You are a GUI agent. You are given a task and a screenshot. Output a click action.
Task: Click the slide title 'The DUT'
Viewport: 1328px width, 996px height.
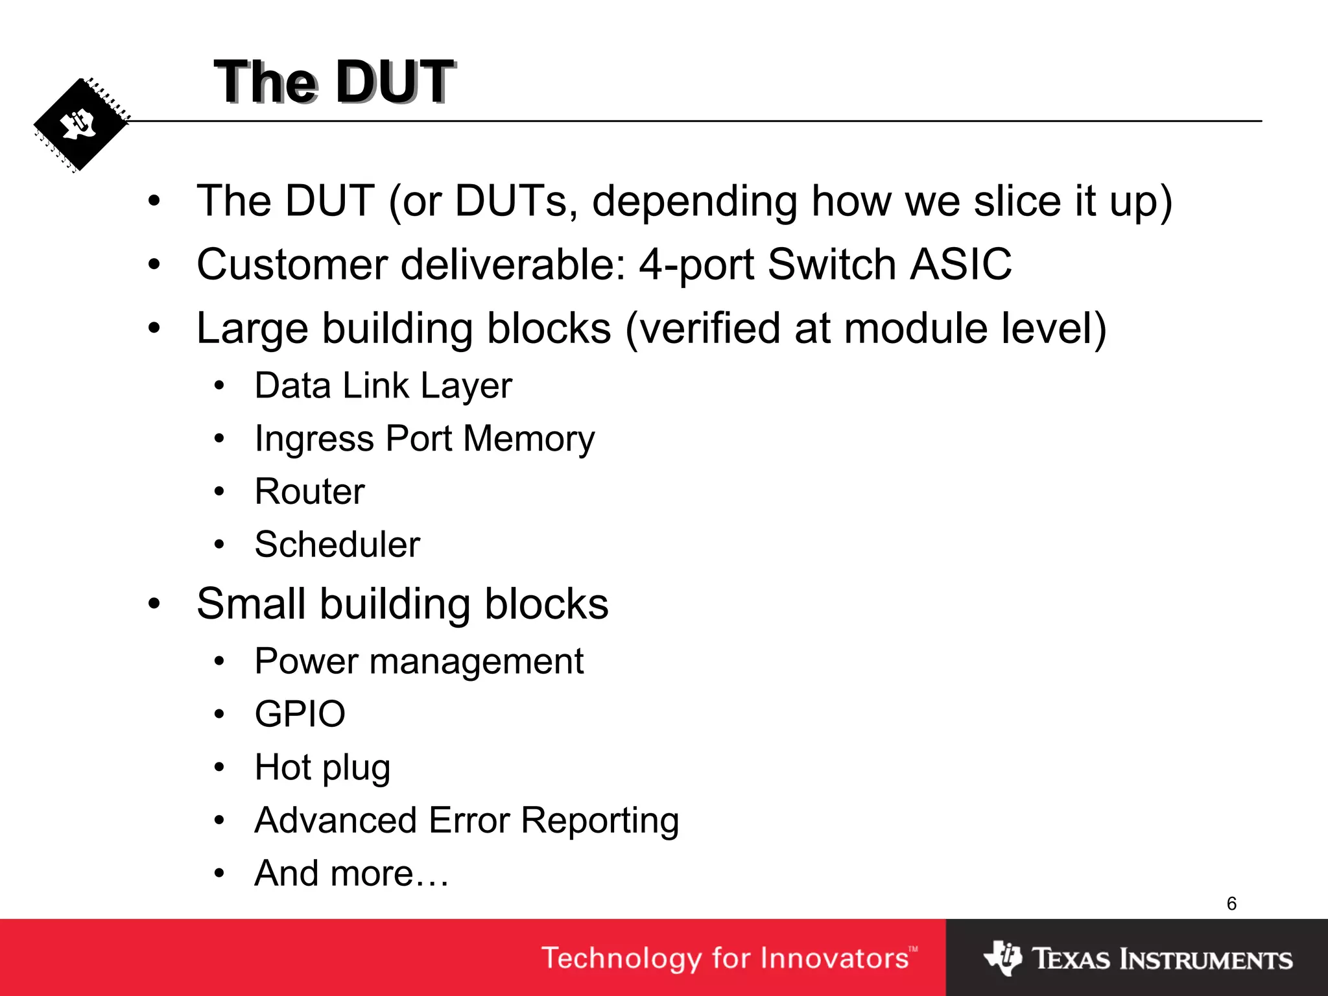pyautogui.click(x=334, y=82)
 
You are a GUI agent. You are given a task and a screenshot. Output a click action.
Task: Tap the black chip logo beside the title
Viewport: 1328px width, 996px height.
pyautogui.click(x=80, y=124)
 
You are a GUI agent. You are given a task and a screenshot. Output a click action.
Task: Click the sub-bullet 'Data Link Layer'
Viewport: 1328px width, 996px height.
pyautogui.click(x=383, y=386)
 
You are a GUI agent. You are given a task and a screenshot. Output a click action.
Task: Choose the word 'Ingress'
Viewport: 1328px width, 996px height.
pyautogui.click(x=314, y=440)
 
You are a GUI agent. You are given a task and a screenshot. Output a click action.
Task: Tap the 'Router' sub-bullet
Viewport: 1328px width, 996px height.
pyautogui.click(x=309, y=492)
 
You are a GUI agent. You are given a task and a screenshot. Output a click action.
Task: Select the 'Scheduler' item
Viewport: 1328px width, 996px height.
pyautogui.click(x=337, y=545)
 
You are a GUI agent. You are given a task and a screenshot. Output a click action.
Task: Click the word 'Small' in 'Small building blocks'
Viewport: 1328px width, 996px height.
pyautogui.click(x=251, y=604)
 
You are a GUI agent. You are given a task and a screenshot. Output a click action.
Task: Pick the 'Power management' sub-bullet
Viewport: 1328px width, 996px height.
pyautogui.click(x=419, y=662)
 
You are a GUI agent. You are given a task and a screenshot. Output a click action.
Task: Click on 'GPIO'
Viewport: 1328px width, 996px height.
pyautogui.click(x=300, y=715)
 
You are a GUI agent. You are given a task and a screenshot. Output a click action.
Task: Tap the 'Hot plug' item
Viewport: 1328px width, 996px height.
pyautogui.click(x=322, y=768)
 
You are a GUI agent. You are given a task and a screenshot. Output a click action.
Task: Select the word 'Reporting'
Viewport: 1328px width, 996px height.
pyautogui.click(x=600, y=821)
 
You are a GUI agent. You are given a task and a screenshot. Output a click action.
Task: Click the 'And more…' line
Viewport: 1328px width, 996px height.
pyautogui.click(x=351, y=873)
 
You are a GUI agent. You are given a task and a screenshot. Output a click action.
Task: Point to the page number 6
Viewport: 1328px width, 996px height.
pyautogui.click(x=1231, y=903)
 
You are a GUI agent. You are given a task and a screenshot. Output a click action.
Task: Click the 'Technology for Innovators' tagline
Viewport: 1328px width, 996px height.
pyautogui.click(x=726, y=958)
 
